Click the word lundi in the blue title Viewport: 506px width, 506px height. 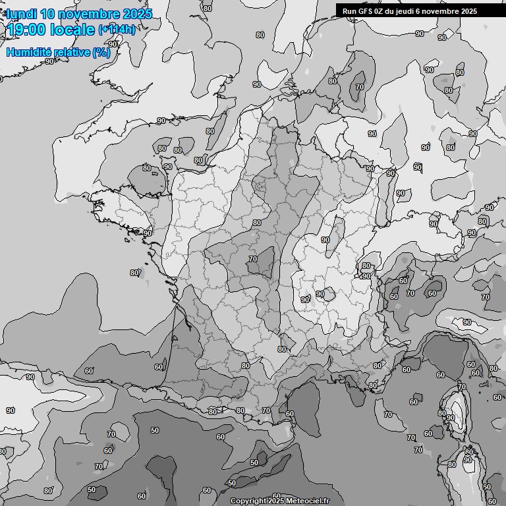point(22,14)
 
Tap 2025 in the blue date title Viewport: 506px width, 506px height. point(137,14)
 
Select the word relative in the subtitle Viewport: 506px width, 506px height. point(70,52)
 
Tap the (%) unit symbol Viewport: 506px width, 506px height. point(101,52)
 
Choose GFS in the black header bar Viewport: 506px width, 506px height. point(364,11)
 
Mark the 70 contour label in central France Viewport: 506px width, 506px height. point(253,259)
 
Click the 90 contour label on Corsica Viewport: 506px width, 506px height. point(450,418)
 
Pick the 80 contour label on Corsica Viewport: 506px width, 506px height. point(442,413)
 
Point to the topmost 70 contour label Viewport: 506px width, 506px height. point(359,87)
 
